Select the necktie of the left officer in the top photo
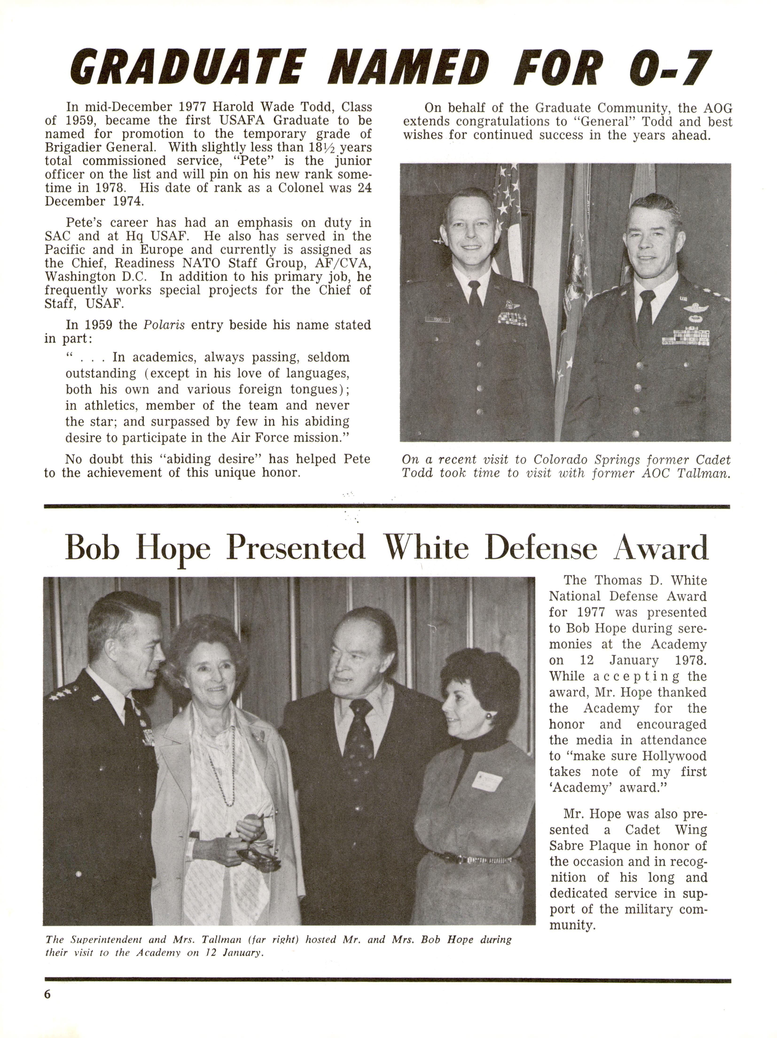475,300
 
